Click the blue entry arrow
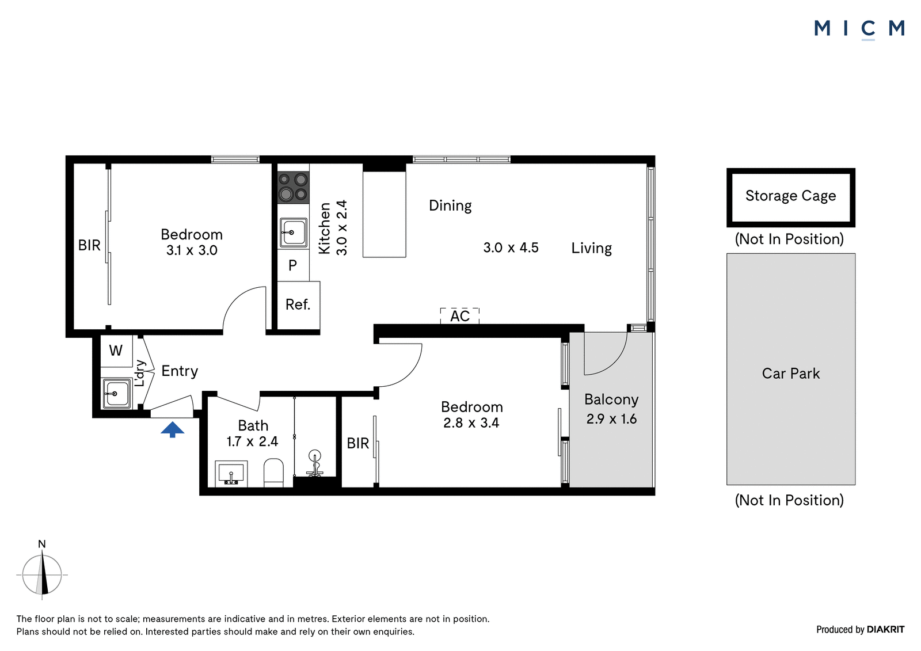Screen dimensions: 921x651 coord(172,429)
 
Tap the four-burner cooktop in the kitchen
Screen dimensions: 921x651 coord(293,188)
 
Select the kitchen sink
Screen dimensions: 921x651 coord(293,233)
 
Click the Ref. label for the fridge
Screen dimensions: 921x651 coord(298,304)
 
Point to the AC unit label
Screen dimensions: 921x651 coord(460,316)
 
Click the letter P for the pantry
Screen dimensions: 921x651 coord(293,265)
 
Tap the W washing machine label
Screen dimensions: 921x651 coord(116,351)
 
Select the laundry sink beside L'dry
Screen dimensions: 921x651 coord(117,394)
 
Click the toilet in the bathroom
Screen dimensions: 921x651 coord(273,472)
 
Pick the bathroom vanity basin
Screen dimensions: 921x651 coord(231,473)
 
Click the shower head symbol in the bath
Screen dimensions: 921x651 coord(315,463)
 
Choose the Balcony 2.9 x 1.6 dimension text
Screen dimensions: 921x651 coord(611,418)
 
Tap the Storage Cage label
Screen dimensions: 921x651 coord(791,196)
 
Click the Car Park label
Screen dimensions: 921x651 coord(791,373)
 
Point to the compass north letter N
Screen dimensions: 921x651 coord(42,544)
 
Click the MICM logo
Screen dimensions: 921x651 coord(859,29)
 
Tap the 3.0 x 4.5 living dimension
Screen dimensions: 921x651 coord(511,248)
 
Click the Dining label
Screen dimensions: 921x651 coord(450,205)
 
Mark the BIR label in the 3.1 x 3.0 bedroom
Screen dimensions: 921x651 coord(89,246)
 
